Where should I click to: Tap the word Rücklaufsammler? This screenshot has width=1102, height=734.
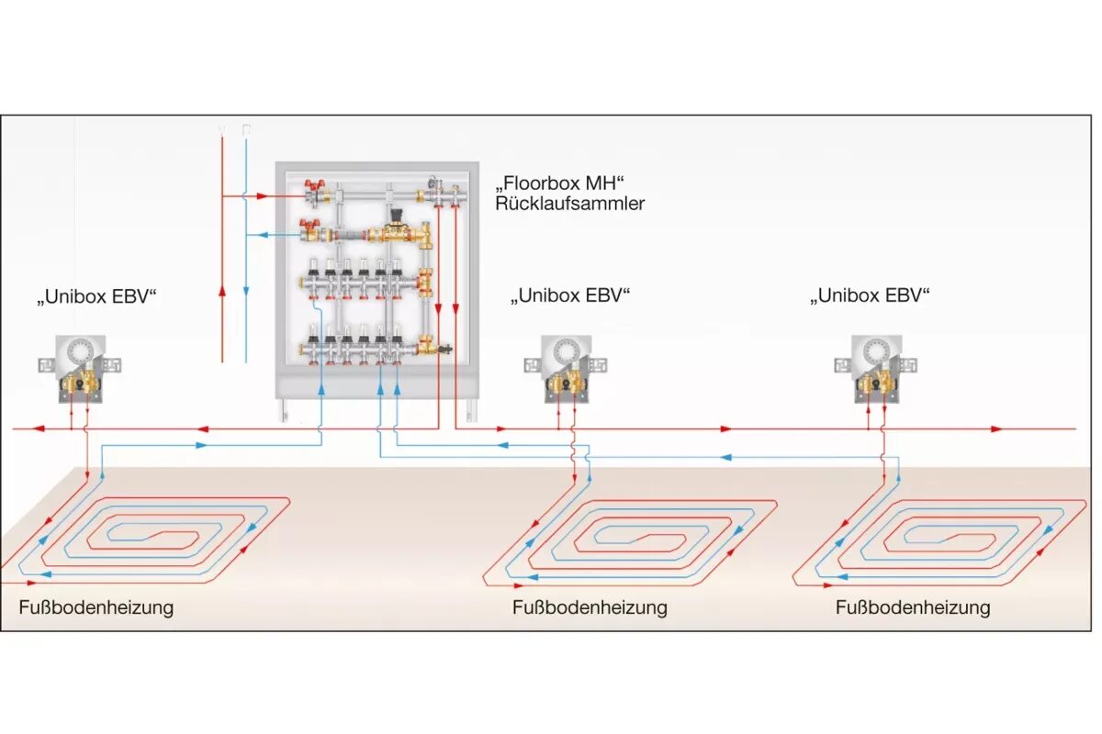(569, 204)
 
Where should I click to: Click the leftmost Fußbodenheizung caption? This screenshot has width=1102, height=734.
(96, 607)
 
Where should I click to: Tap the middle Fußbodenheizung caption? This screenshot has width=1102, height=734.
(590, 607)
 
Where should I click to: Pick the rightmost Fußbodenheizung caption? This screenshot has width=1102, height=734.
(913, 607)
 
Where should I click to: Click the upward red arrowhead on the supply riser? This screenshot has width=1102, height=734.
(222, 292)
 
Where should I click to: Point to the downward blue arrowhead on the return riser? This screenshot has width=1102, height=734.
(246, 292)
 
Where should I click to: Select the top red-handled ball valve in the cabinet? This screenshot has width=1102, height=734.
(317, 191)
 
